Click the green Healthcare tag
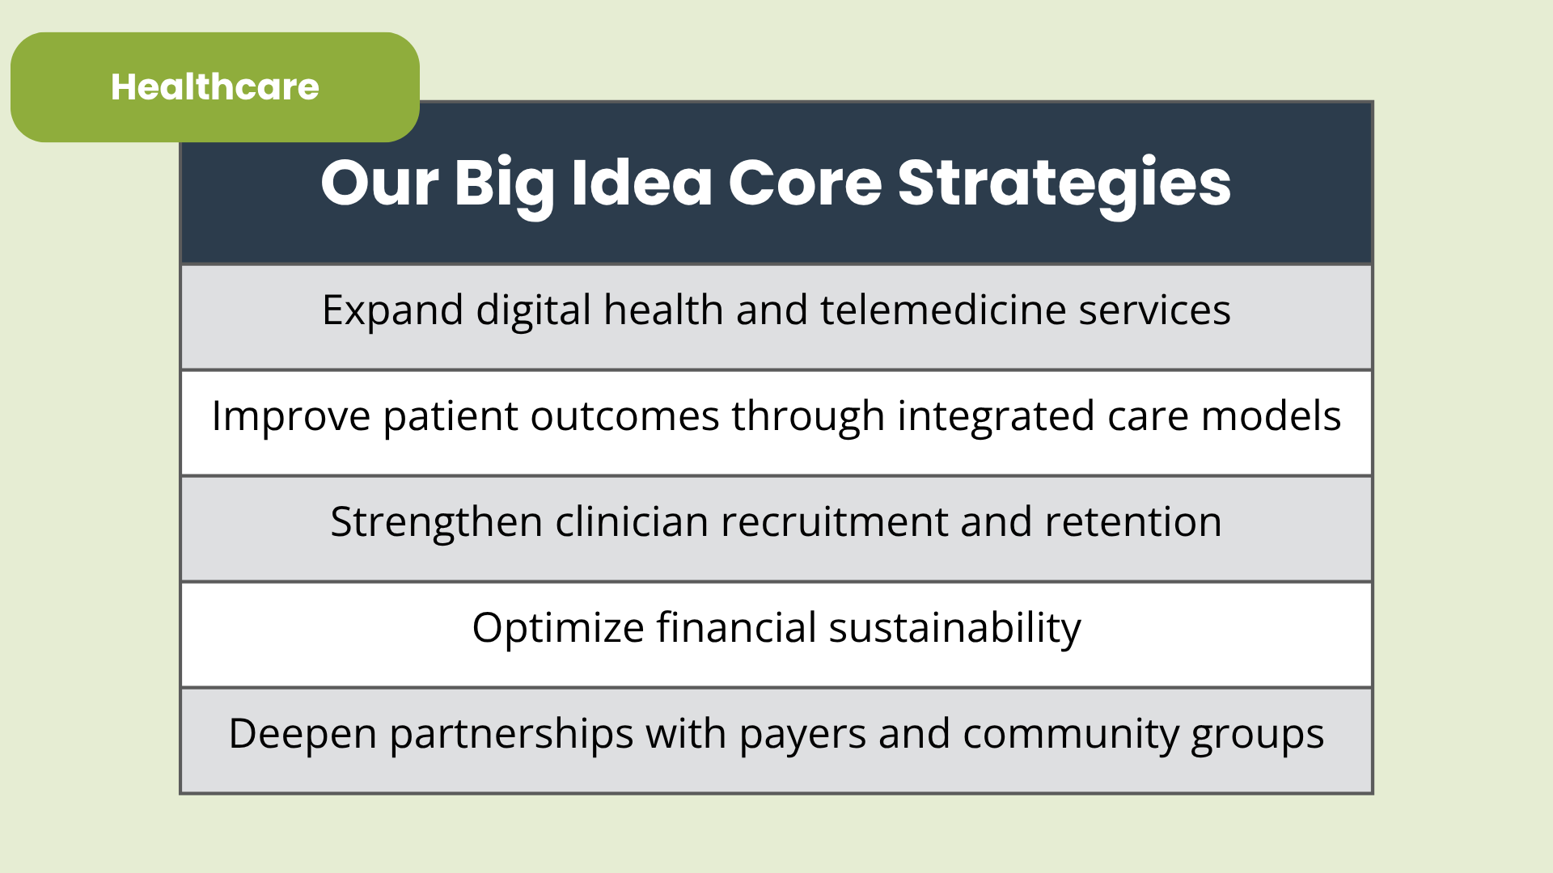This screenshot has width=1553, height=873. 215,87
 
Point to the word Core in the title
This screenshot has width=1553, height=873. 806,183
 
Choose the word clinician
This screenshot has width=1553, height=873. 632,521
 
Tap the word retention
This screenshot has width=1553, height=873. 1133,522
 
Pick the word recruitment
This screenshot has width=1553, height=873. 835,522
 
